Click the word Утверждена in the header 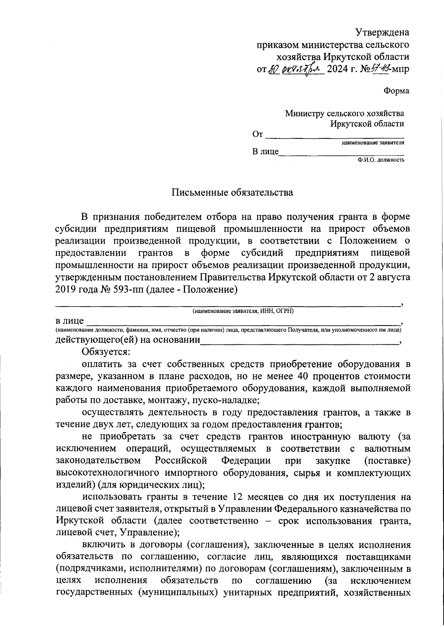[x=383, y=33]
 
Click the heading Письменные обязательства [x=232, y=193]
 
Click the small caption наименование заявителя [x=373, y=143]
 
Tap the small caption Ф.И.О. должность [x=381, y=160]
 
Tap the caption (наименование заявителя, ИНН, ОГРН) [x=243, y=311]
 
